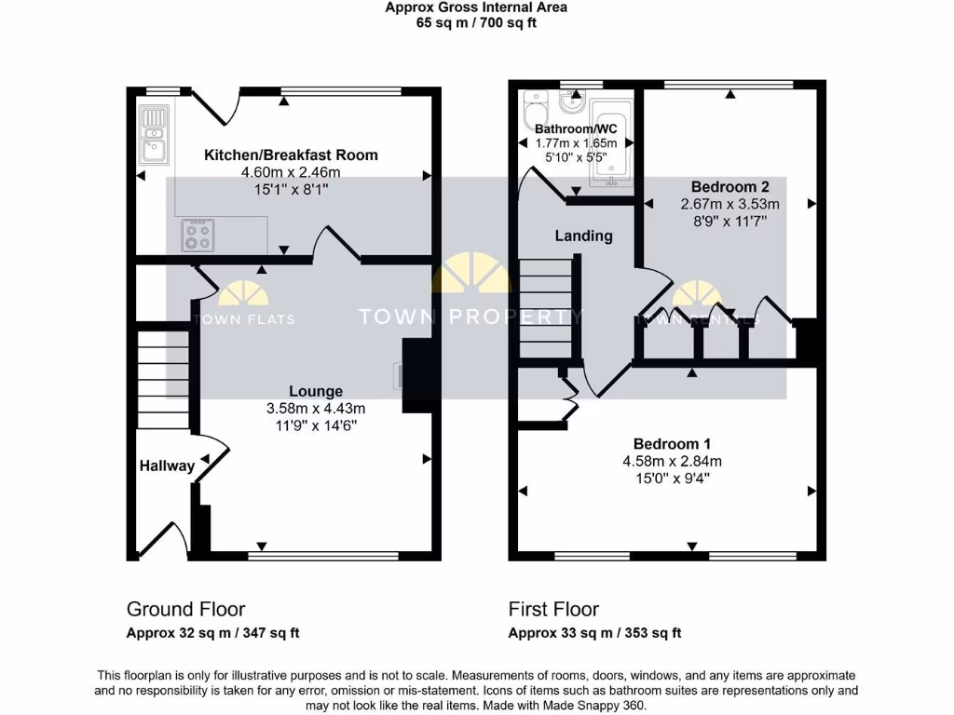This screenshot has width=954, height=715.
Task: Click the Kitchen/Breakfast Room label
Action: tap(291, 155)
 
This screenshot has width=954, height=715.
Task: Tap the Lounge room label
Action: tap(315, 391)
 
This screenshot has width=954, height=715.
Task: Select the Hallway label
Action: tap(168, 465)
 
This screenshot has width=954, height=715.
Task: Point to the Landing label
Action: tap(583, 236)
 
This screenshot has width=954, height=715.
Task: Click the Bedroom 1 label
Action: tap(672, 443)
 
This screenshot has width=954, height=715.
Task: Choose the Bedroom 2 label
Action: tap(729, 186)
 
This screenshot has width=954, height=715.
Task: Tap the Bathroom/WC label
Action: tap(576, 128)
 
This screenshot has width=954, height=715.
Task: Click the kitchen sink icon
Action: tap(152, 132)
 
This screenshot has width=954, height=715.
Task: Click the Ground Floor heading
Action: tap(185, 609)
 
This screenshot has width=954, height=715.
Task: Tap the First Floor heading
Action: tap(553, 609)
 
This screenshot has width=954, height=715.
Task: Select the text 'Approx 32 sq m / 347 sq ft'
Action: tap(212, 633)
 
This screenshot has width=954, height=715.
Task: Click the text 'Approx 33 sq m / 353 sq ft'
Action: tap(594, 633)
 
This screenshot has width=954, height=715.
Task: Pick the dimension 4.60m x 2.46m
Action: tap(291, 172)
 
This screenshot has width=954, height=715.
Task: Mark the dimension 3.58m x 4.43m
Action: tap(315, 408)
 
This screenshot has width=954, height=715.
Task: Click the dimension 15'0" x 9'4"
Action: tap(672, 478)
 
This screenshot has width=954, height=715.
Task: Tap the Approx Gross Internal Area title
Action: tap(476, 7)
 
